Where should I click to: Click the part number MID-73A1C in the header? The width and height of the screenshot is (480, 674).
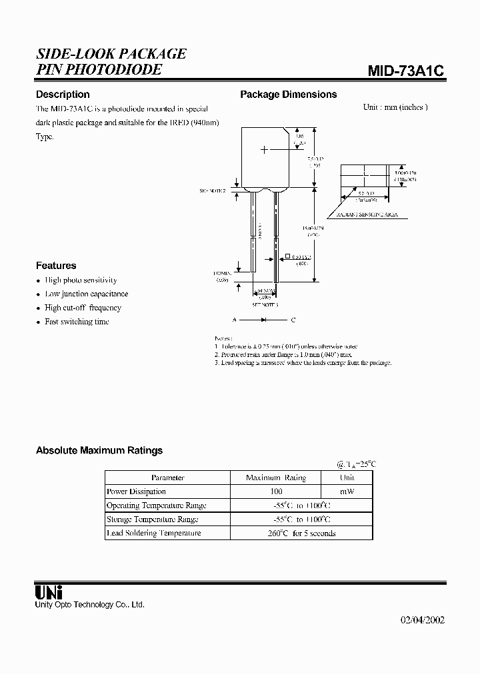(406, 72)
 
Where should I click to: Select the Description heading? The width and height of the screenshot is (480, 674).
(63, 95)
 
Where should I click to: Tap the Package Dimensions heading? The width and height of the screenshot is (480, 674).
(288, 95)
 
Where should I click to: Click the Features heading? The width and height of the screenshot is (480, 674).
(56, 265)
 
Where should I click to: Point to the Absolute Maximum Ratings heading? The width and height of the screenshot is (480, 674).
(99, 451)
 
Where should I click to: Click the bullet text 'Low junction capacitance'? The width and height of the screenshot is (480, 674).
(86, 294)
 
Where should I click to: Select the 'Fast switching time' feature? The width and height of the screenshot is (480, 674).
(77, 322)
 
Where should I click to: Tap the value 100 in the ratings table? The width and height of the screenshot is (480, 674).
(275, 492)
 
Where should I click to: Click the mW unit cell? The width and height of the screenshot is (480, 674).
(347, 492)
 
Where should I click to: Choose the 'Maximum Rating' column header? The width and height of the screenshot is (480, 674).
(275, 478)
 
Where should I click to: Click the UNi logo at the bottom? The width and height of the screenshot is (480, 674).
(48, 591)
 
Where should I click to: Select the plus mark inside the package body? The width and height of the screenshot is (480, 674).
(265, 150)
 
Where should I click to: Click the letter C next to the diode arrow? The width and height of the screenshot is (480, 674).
(293, 320)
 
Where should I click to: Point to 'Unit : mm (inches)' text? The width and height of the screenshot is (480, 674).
(395, 107)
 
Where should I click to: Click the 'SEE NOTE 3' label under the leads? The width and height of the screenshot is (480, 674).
(265, 304)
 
